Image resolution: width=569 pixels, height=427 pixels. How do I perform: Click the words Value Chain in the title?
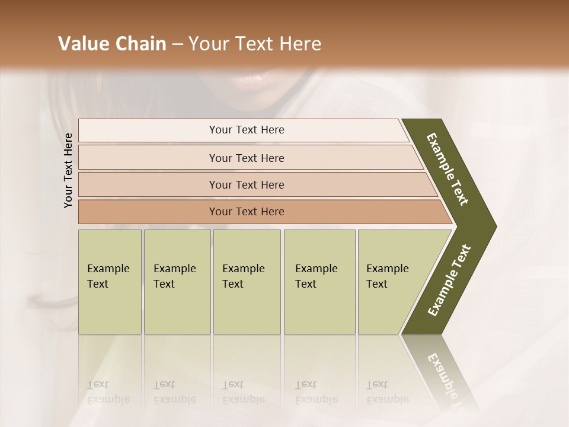coord(112,44)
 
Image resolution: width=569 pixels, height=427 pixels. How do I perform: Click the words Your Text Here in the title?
coord(255,44)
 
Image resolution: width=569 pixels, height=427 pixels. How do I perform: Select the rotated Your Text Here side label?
coord(68,170)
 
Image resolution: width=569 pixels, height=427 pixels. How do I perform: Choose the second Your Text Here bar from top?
coord(246,158)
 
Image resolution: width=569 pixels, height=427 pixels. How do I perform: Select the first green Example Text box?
coord(110,282)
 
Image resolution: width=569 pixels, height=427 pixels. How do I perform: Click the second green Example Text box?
coord(177,282)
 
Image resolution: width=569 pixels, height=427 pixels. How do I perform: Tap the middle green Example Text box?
coord(247,282)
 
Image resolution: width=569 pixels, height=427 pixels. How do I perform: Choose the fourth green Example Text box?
coord(319,282)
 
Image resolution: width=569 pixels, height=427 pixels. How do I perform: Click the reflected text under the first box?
coord(108,392)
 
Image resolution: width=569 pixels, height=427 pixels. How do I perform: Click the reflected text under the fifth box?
coord(387,392)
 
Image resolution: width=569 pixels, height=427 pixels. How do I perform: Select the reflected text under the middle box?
coord(243,392)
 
